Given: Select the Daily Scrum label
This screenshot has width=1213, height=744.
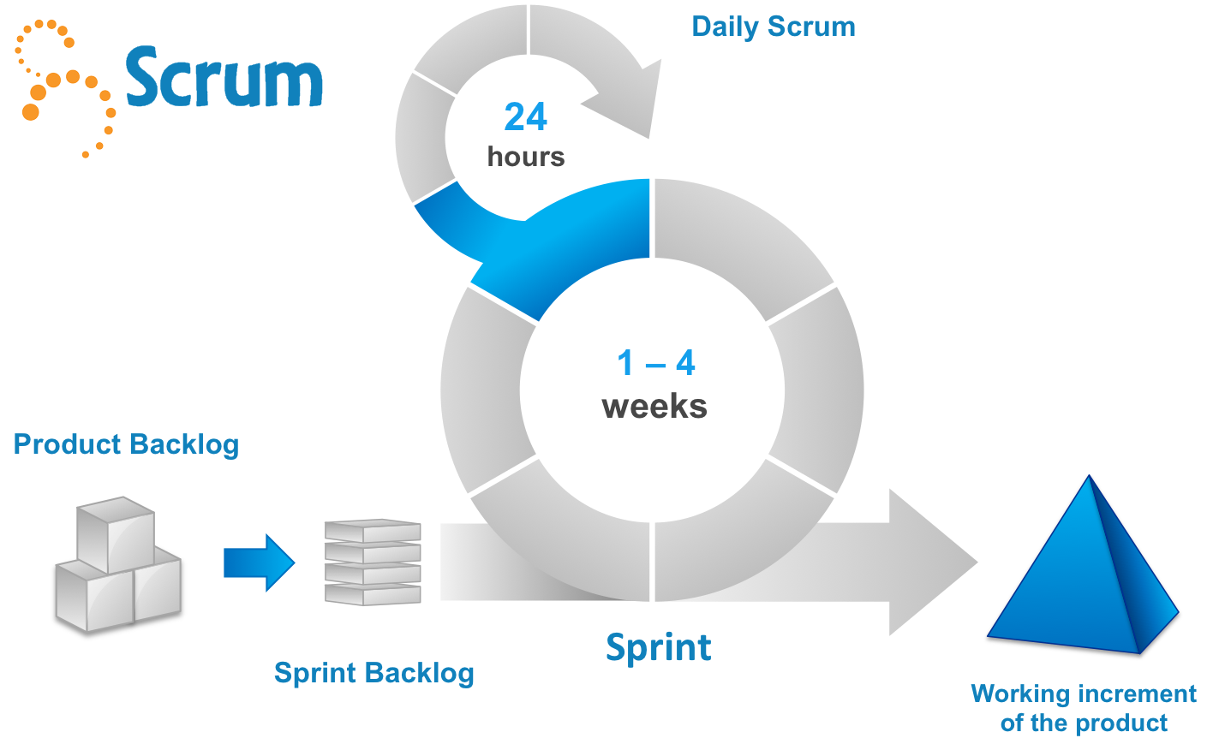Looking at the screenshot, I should pos(773,27).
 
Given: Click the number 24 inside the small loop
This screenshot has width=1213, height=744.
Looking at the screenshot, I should pos(525,117).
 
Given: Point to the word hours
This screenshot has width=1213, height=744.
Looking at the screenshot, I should pos(525,157).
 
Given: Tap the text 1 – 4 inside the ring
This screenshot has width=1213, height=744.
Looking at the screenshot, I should pos(655,364).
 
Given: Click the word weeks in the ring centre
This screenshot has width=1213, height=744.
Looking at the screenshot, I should pos(654,406).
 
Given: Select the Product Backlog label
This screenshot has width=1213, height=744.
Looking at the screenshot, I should pos(127,444).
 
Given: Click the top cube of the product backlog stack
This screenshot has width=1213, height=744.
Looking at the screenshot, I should pos(115,533).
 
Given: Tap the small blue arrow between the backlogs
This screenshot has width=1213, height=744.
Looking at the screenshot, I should pos(259,562).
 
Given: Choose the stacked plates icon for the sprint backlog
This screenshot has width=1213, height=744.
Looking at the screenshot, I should pos(373,562).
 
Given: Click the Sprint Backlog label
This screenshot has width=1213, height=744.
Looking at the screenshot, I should pos(373,673).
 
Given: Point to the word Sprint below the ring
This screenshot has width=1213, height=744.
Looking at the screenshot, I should pos(658,647).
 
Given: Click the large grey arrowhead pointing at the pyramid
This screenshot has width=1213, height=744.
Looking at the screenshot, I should pos(929,562).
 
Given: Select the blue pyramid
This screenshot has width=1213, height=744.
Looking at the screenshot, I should pos(1084,574).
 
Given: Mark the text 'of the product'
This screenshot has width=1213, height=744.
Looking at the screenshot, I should pos(1083,723).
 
